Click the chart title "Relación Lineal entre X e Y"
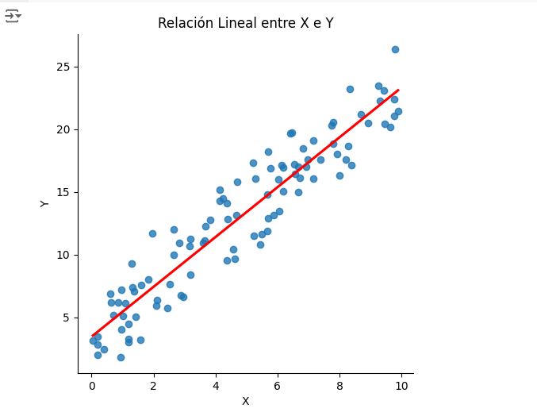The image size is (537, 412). click(x=245, y=22)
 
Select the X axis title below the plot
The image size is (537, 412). click(x=245, y=401)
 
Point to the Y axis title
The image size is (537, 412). click(x=44, y=204)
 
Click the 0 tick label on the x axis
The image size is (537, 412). click(x=91, y=385)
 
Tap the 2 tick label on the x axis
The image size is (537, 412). click(x=153, y=385)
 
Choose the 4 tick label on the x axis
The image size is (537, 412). click(x=215, y=385)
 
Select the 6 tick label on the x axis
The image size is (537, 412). click(x=277, y=385)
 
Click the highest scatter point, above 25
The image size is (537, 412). click(x=395, y=49)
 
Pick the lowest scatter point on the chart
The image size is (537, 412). click(x=121, y=357)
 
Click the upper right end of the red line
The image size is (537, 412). click(x=397, y=90)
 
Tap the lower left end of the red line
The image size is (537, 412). click(x=93, y=337)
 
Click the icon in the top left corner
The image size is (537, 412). click(x=12, y=16)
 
